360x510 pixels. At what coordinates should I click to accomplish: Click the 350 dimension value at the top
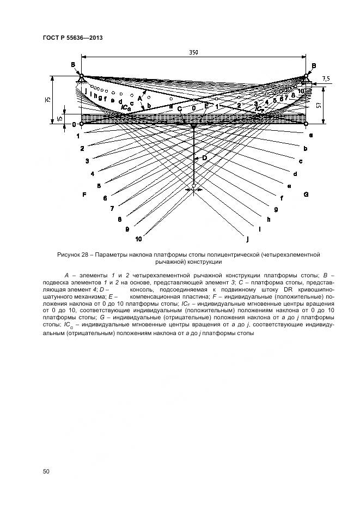pos(193,52)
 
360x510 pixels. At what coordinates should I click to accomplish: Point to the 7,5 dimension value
pos(326,79)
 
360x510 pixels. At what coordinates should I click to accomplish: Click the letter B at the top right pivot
pos(314,66)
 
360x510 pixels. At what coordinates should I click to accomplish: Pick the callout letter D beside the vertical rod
pos(205,158)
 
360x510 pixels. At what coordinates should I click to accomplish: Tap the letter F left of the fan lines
pos(84,195)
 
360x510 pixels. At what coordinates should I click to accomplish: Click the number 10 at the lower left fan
pos(139,239)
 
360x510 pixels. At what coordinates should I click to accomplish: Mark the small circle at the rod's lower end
pos(194,189)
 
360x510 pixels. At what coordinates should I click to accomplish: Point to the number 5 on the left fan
pos(99,186)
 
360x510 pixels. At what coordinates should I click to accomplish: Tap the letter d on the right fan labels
pos(295,174)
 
